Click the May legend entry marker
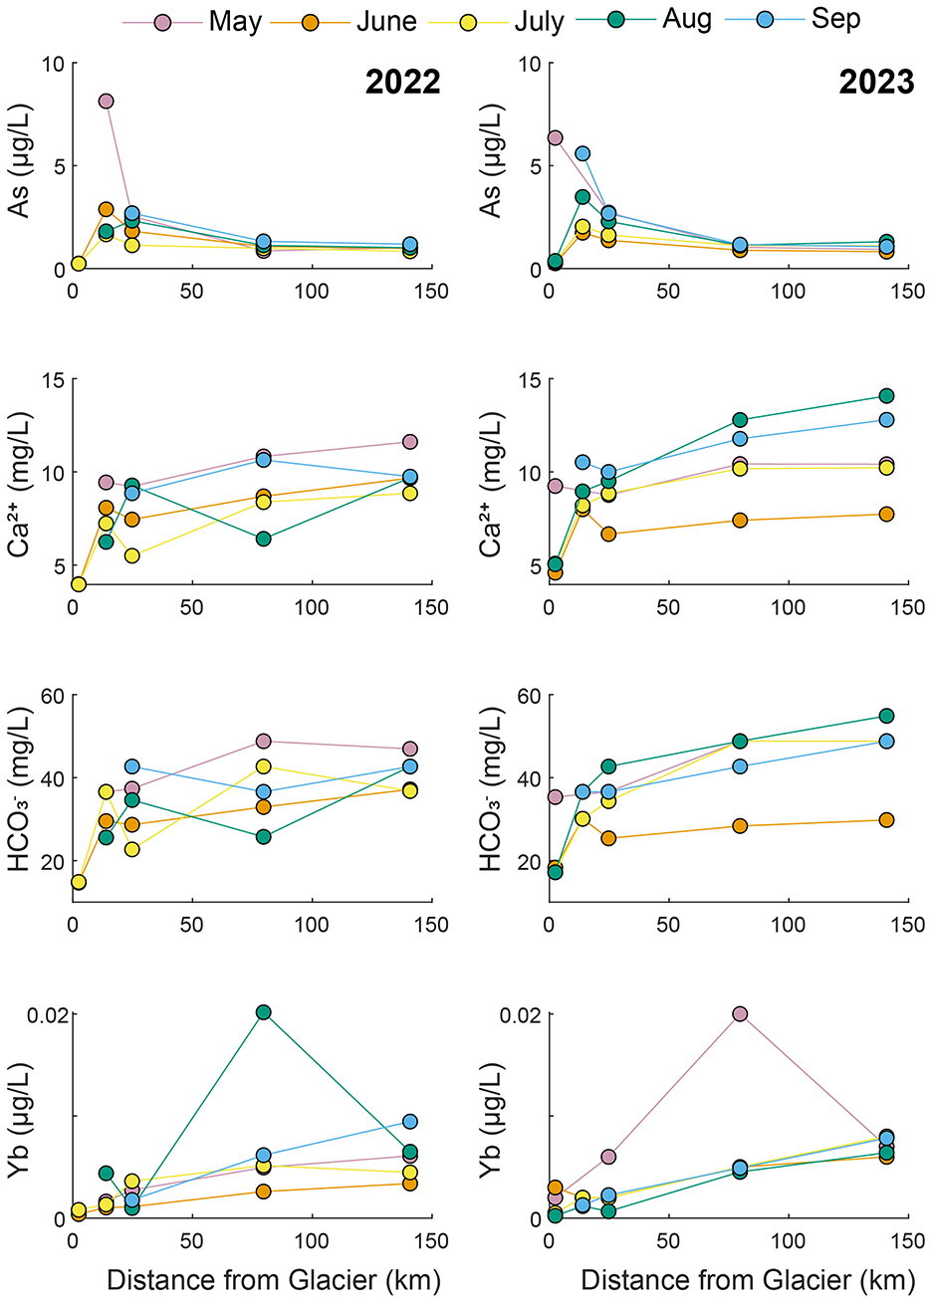pyautogui.click(x=163, y=21)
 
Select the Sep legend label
pyautogui.click(x=835, y=19)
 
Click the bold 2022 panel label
pyautogui.click(x=402, y=82)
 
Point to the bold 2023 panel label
pyautogui.click(x=876, y=82)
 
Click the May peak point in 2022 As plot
pyautogui.click(x=106, y=101)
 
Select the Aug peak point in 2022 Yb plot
pyautogui.click(x=263, y=1012)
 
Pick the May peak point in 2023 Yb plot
pyautogui.click(x=740, y=1013)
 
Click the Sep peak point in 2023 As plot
pyautogui.click(x=582, y=153)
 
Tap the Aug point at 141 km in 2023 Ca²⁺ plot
pyautogui.click(x=886, y=395)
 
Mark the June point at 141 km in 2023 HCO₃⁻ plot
pyautogui.click(x=886, y=820)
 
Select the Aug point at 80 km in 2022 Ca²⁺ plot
pyautogui.click(x=263, y=539)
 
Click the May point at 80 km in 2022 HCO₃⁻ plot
pyautogui.click(x=263, y=741)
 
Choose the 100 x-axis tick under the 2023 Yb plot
pyautogui.click(x=789, y=1241)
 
